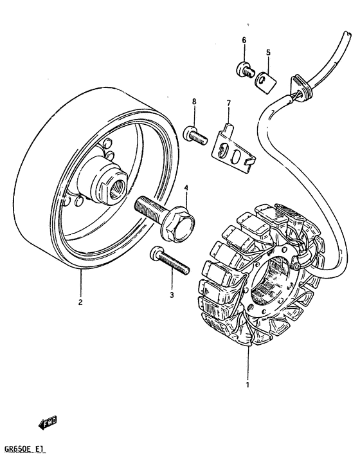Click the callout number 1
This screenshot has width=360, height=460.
(247, 385)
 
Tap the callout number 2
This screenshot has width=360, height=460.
(81, 300)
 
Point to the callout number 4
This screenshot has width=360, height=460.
(185, 188)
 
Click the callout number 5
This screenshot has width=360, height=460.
(268, 52)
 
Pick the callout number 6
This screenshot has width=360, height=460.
(244, 40)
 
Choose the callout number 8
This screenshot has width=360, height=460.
(192, 102)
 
